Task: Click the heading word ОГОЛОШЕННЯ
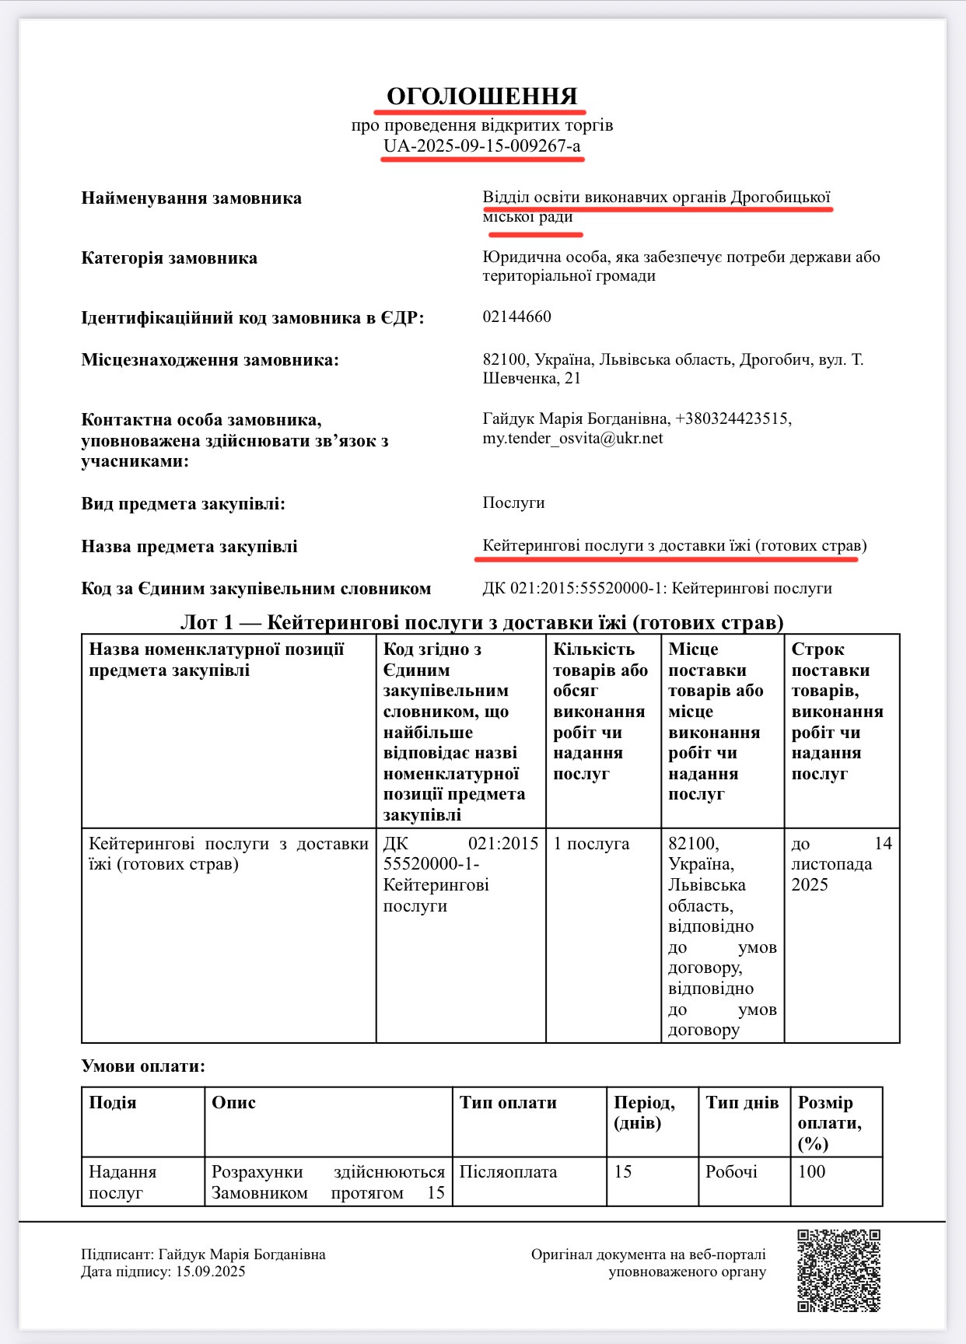[x=482, y=96]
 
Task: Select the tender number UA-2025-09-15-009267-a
[x=482, y=146]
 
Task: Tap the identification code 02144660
[x=516, y=317]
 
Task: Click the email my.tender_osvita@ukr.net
[x=572, y=439]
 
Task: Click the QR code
[x=838, y=1270]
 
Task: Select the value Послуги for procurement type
[x=513, y=503]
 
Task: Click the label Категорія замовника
[x=169, y=258]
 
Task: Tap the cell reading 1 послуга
[x=591, y=844]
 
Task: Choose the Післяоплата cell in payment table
[x=508, y=1172]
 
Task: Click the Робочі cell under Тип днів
[x=731, y=1172]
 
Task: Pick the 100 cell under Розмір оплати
[x=811, y=1172]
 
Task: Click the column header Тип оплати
[x=508, y=1103]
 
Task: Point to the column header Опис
[x=233, y=1103]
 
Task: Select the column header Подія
[x=113, y=1103]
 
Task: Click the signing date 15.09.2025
[x=210, y=1272]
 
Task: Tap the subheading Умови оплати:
[x=143, y=1066]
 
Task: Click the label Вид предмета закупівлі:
[x=183, y=504]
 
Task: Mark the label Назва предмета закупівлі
[x=189, y=547]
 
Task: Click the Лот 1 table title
[x=482, y=623]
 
